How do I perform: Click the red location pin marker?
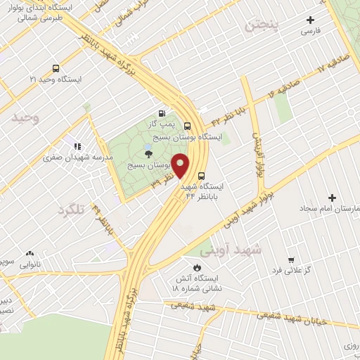(x=181, y=166)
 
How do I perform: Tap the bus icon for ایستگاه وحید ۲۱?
(x=56, y=69)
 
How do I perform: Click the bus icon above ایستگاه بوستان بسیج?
(x=186, y=126)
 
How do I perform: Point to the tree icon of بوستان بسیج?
(x=148, y=154)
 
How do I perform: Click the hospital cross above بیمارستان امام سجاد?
(x=332, y=198)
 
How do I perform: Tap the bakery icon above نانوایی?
(x=29, y=253)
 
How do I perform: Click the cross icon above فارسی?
(x=310, y=21)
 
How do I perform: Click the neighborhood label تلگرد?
(x=75, y=209)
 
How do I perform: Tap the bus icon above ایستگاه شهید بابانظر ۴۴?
(x=202, y=176)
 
